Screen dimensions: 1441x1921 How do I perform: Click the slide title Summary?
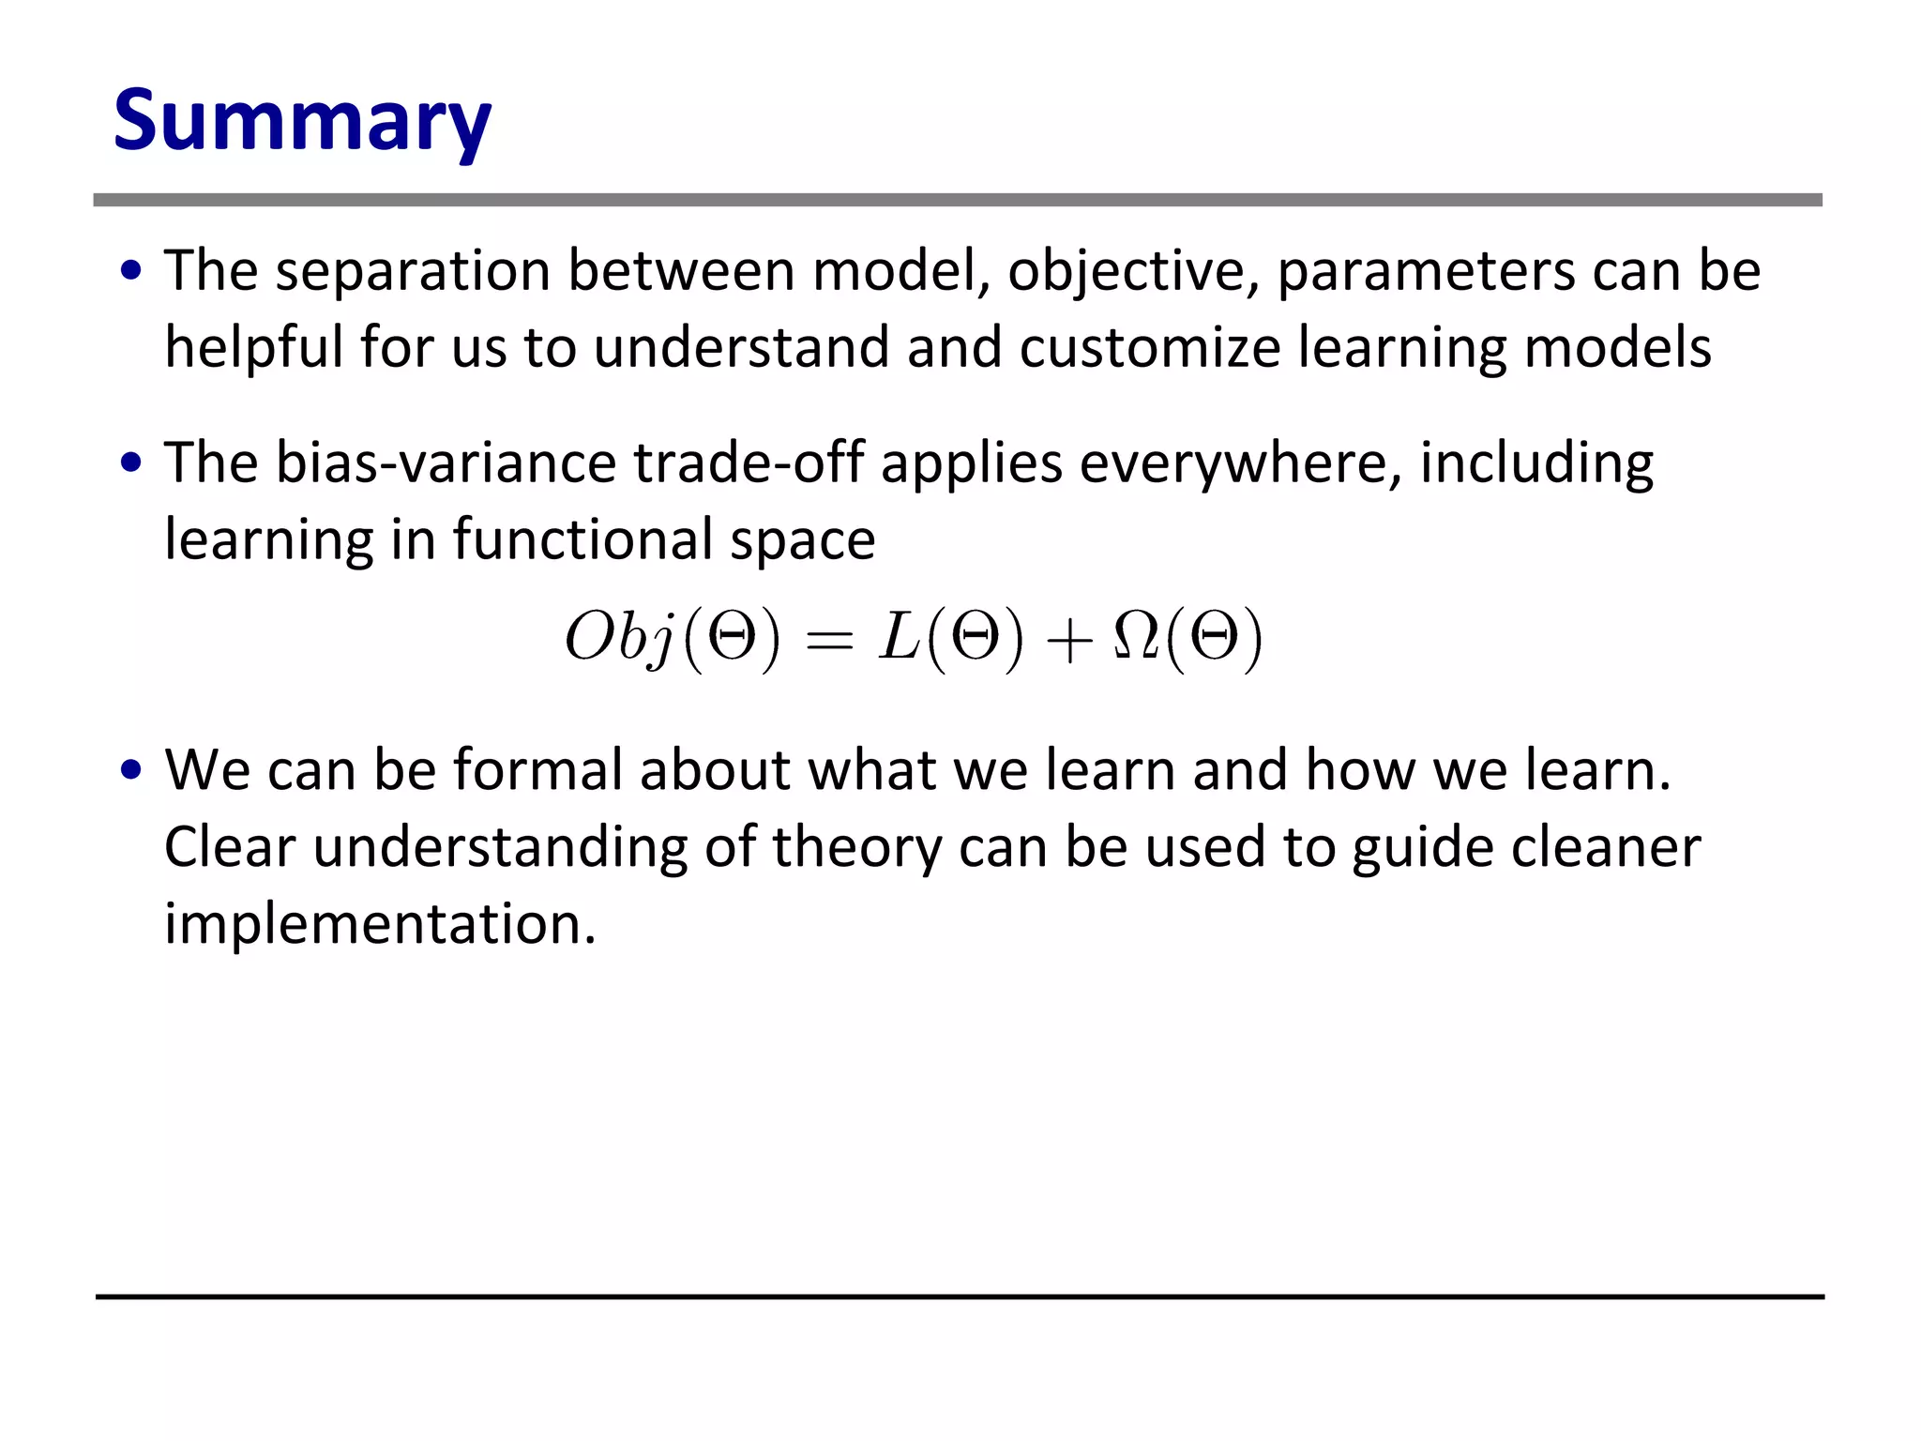tap(302, 120)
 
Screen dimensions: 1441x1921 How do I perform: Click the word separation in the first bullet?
tap(413, 271)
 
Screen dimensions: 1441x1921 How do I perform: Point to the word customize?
tap(1149, 348)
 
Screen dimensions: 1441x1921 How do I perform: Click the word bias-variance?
tap(446, 463)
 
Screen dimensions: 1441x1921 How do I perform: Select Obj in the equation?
tap(620, 639)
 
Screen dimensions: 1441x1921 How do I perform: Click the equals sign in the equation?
tap(829, 641)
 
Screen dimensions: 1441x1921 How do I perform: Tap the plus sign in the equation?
tap(1068, 643)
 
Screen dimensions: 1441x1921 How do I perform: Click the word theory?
tap(856, 847)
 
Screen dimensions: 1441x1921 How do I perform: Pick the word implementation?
tap(380, 924)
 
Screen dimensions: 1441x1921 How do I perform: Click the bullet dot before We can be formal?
tap(131, 770)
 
